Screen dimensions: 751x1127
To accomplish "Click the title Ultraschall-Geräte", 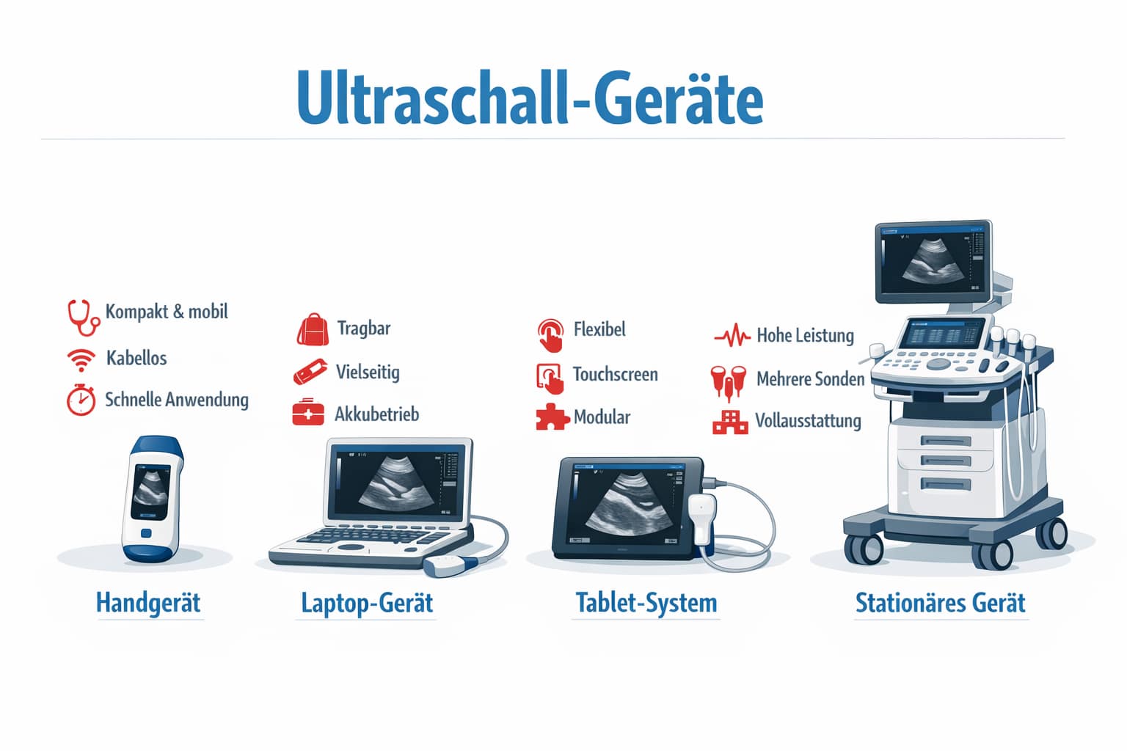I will coord(530,98).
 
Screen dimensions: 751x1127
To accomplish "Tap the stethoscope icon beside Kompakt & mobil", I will coord(83,316).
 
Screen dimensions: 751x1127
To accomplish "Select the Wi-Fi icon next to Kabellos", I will coord(81,359).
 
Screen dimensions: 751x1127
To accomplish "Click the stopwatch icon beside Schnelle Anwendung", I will coord(81,400).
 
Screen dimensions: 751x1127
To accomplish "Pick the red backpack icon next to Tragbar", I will coord(313,330).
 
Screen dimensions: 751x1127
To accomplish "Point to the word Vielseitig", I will coord(368,372).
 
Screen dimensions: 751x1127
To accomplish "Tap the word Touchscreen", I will coord(615,375).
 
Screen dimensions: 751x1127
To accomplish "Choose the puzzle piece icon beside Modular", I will coord(552,417).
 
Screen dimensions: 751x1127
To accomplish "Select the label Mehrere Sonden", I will coord(810,379).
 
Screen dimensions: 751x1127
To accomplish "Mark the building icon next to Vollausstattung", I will coord(730,422).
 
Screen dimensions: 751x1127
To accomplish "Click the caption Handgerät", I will coord(148,603).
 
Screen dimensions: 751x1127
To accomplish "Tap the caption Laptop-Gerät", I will coord(367,603).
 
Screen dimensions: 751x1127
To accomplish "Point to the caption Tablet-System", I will coord(646,603).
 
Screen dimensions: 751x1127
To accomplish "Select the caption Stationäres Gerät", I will coord(941,603).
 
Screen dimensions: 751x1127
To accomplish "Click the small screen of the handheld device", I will coord(150,491).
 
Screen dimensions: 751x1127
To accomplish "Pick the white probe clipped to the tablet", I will coord(702,518).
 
